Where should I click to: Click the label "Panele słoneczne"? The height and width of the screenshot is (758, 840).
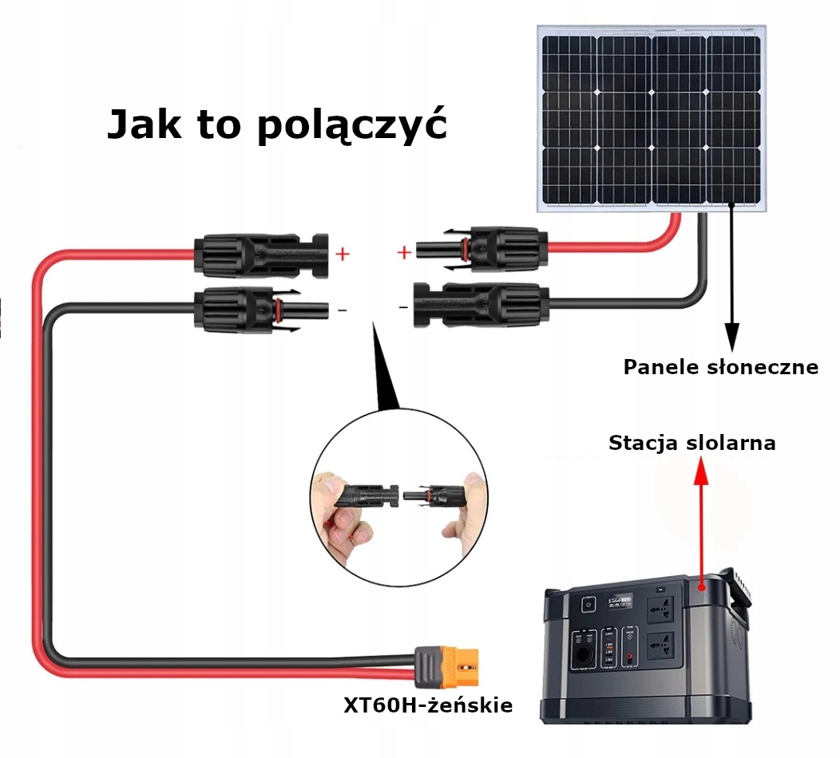[720, 367]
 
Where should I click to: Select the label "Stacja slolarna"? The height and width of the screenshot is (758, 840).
[691, 443]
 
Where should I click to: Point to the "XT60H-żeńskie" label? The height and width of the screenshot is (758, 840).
[427, 705]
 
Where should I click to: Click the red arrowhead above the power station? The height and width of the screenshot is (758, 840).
[701, 471]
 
